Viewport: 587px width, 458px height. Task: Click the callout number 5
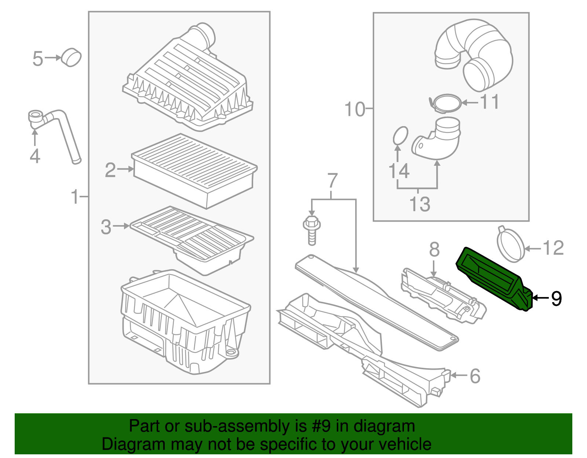pos(38,59)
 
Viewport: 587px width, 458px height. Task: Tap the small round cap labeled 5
pos(71,58)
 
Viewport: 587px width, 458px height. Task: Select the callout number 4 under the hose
pos(35,156)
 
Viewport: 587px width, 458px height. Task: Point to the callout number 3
pos(106,227)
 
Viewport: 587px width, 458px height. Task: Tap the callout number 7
pos(332,180)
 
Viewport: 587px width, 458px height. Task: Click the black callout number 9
pos(557,298)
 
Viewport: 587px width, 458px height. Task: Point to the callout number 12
pos(553,248)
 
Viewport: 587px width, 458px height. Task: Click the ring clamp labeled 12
pos(511,244)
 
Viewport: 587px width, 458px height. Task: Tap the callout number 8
pos(434,250)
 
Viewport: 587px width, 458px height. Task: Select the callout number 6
pos(475,376)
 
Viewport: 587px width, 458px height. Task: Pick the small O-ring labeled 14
pos(400,136)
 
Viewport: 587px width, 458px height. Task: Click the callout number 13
pos(419,204)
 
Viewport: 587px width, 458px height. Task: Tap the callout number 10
pos(354,109)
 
